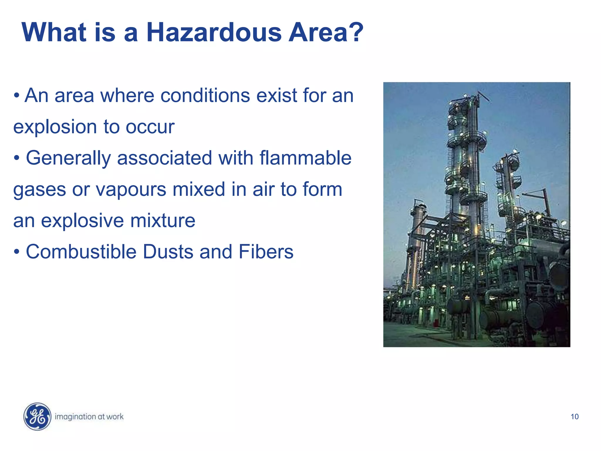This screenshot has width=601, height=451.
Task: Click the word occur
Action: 150,127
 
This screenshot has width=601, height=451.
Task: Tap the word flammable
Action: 305,158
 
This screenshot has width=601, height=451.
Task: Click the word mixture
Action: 163,221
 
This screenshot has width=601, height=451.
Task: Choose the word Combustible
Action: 81,252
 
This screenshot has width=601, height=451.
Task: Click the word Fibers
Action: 266,252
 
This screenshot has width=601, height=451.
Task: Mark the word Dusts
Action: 168,252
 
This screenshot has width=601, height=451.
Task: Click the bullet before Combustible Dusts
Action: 17,252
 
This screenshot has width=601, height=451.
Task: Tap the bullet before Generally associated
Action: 17,159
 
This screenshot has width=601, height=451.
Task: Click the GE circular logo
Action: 37,416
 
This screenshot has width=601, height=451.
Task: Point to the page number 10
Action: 575,417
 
